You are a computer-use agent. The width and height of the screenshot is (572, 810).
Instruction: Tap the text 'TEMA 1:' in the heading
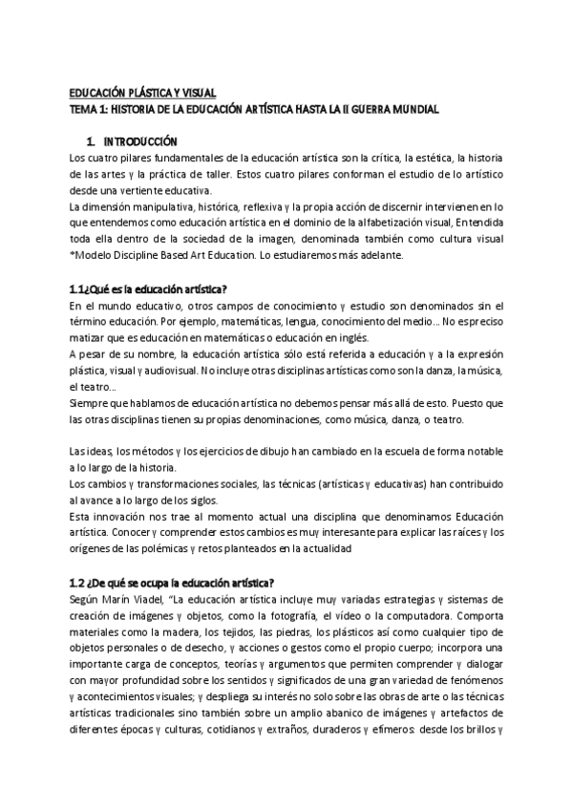tap(90, 110)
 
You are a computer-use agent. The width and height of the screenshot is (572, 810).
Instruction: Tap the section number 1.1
tap(78, 288)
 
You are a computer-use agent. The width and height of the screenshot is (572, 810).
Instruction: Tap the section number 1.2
tap(78, 583)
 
